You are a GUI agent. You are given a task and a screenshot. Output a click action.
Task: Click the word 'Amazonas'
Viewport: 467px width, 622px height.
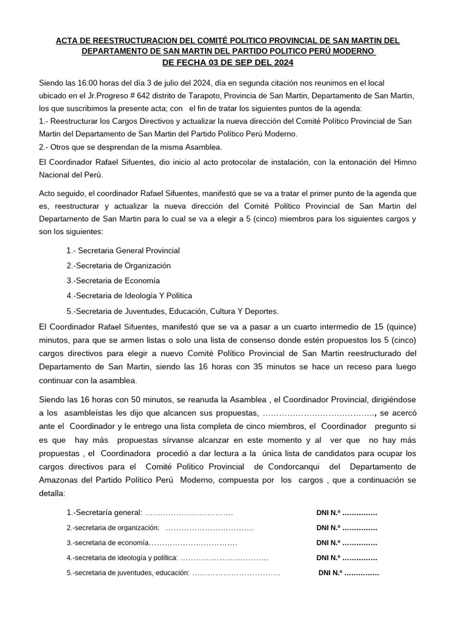[61, 480]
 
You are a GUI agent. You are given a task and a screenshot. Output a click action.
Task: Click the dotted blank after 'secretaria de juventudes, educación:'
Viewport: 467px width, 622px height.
[236, 572]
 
